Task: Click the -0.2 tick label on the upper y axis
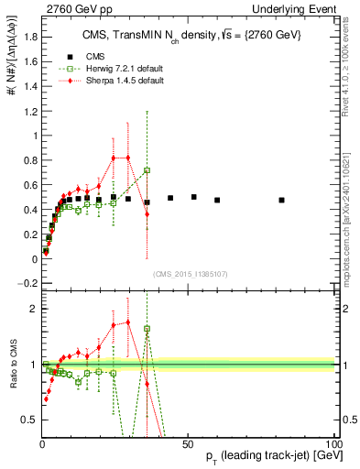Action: [x=27, y=284]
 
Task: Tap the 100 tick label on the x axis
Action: [x=333, y=442]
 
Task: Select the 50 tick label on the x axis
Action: [x=187, y=442]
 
